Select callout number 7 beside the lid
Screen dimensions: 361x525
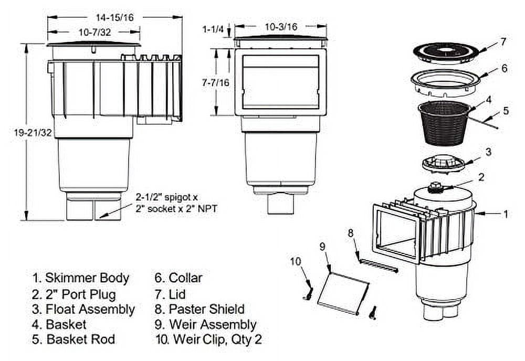(x=503, y=41)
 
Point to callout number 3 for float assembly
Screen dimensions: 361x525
(x=488, y=152)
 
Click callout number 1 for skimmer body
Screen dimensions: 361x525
(x=506, y=214)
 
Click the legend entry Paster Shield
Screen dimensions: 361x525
(x=199, y=309)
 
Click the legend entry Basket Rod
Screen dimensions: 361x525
(x=75, y=339)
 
